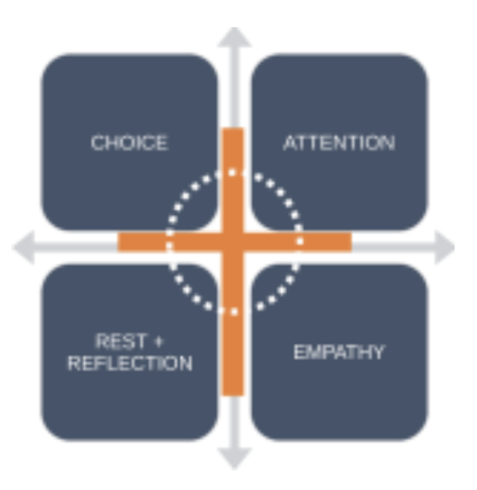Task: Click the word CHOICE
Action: click(x=129, y=143)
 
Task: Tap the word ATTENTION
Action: click(x=340, y=143)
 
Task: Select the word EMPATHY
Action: click(x=340, y=353)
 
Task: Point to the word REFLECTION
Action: click(x=130, y=363)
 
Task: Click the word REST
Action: click(x=120, y=341)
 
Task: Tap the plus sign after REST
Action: click(x=158, y=341)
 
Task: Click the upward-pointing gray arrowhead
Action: click(x=234, y=37)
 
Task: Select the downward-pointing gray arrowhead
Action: click(x=234, y=458)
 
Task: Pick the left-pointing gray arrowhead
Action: click(x=23, y=247)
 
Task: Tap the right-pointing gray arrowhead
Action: click(x=445, y=247)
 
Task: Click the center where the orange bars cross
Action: click(x=233, y=242)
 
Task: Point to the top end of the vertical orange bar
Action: click(x=233, y=128)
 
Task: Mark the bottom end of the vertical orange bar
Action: click(x=233, y=395)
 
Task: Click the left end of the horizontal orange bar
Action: click(x=119, y=242)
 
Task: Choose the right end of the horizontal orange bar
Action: click(x=351, y=242)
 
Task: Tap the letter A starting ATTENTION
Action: click(x=290, y=143)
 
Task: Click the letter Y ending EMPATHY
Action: click(x=378, y=353)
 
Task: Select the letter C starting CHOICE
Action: click(x=97, y=143)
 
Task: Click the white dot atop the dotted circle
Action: click(x=232, y=172)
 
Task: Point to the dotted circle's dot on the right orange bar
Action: click(x=300, y=241)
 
